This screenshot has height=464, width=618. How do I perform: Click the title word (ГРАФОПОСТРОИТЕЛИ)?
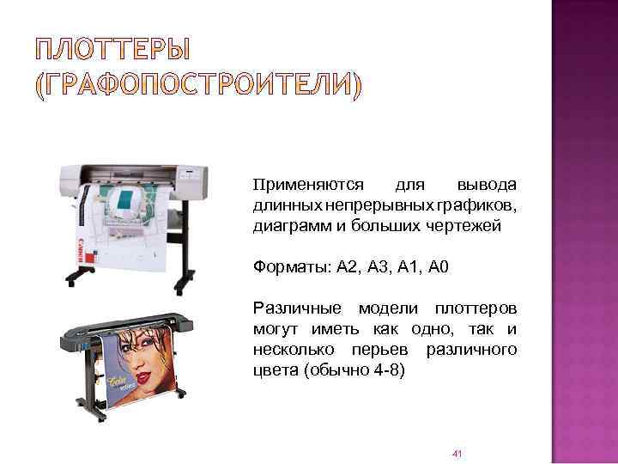pos(198,87)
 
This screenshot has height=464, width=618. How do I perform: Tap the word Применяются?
pos(309,186)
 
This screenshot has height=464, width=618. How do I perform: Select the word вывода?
pos(487,186)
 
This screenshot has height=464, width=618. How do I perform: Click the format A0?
pos(437,267)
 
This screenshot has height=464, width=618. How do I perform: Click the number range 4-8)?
pos(383,371)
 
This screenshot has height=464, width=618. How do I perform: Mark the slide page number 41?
pos(457,453)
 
